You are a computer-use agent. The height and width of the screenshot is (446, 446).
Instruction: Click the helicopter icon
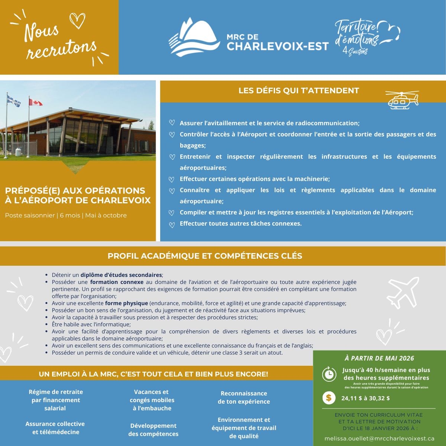[402, 100]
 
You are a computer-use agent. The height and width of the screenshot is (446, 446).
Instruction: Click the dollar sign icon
[329, 398]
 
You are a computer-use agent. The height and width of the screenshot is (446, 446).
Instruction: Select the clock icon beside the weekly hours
[329, 374]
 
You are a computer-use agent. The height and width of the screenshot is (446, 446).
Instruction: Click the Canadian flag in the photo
[36, 102]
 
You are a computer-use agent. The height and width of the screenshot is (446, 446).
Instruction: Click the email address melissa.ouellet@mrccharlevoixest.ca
[379, 439]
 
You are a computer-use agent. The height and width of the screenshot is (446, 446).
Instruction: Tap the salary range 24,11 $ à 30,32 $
[365, 398]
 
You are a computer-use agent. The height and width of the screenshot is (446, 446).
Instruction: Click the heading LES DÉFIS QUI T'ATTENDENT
[298, 91]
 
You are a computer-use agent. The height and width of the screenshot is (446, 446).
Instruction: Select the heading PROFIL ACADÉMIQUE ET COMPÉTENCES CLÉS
[205, 256]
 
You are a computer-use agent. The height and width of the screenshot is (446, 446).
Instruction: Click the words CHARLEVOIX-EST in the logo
[278, 46]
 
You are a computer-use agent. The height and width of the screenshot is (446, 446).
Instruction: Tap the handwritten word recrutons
[61, 49]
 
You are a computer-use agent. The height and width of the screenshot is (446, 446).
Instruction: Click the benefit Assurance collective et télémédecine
[55, 428]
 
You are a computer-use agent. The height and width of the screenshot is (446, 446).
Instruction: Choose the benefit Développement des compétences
[153, 430]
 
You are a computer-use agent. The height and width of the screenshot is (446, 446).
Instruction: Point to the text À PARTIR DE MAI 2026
[379, 358]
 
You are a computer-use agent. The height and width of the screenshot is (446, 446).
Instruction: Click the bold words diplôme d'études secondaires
[121, 275]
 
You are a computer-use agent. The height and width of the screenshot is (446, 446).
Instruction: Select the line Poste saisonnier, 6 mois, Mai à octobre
[66, 216]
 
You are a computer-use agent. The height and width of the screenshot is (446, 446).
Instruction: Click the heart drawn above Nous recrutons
[77, 20]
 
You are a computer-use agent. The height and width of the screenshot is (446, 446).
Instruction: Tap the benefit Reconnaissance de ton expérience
[244, 397]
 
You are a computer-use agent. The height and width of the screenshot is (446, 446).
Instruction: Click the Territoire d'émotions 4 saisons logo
[366, 37]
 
